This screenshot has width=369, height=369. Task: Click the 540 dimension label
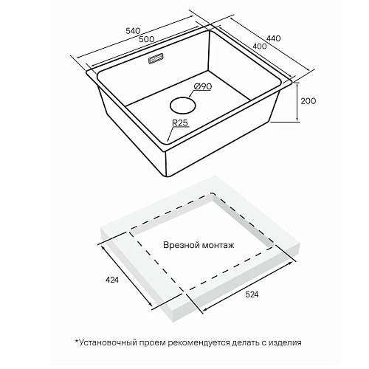pyautogui.click(x=133, y=31)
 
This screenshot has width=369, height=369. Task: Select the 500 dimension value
pyautogui.click(x=147, y=39)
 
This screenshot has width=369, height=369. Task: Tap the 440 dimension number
pyautogui.click(x=273, y=38)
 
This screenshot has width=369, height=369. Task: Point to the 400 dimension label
pyautogui.click(x=259, y=46)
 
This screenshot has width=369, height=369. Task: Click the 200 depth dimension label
pyautogui.click(x=308, y=101)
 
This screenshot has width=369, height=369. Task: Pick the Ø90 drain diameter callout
pyautogui.click(x=203, y=86)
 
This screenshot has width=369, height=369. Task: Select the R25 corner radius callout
pyautogui.click(x=180, y=123)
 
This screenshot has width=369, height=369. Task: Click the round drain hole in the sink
pyautogui.click(x=183, y=106)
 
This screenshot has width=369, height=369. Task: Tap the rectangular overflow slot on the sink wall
pyautogui.click(x=156, y=59)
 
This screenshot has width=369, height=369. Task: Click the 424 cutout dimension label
pyautogui.click(x=112, y=280)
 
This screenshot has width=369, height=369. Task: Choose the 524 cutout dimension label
pyautogui.click(x=252, y=294)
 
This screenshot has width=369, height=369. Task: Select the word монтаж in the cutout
pyautogui.click(x=218, y=246)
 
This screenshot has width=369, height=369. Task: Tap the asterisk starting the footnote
pyautogui.click(x=77, y=341)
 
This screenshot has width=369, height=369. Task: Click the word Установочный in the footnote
pyautogui.click(x=108, y=342)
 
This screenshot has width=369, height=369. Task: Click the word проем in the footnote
pyautogui.click(x=153, y=343)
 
